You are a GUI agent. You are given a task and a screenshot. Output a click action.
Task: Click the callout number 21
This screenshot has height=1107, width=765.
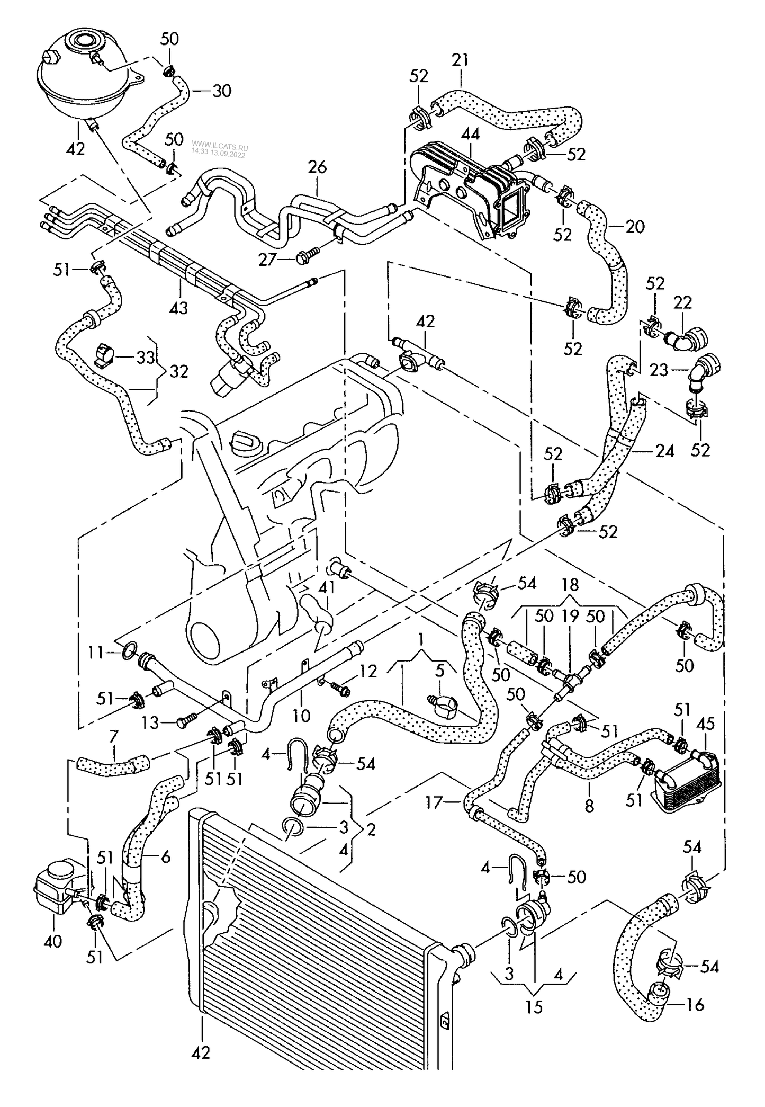[460, 60]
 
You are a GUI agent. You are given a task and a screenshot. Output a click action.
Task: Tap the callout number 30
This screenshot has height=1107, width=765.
[222, 91]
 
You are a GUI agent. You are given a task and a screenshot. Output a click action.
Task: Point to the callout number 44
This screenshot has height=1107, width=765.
[470, 135]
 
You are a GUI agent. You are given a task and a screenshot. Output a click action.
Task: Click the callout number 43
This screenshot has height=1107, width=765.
[179, 307]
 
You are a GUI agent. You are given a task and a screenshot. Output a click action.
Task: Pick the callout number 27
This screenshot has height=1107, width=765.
[268, 260]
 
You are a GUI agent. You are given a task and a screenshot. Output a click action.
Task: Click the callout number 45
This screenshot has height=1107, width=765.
[705, 724]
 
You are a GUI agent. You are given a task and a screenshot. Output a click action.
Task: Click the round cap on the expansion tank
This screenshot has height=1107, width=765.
[84, 40]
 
